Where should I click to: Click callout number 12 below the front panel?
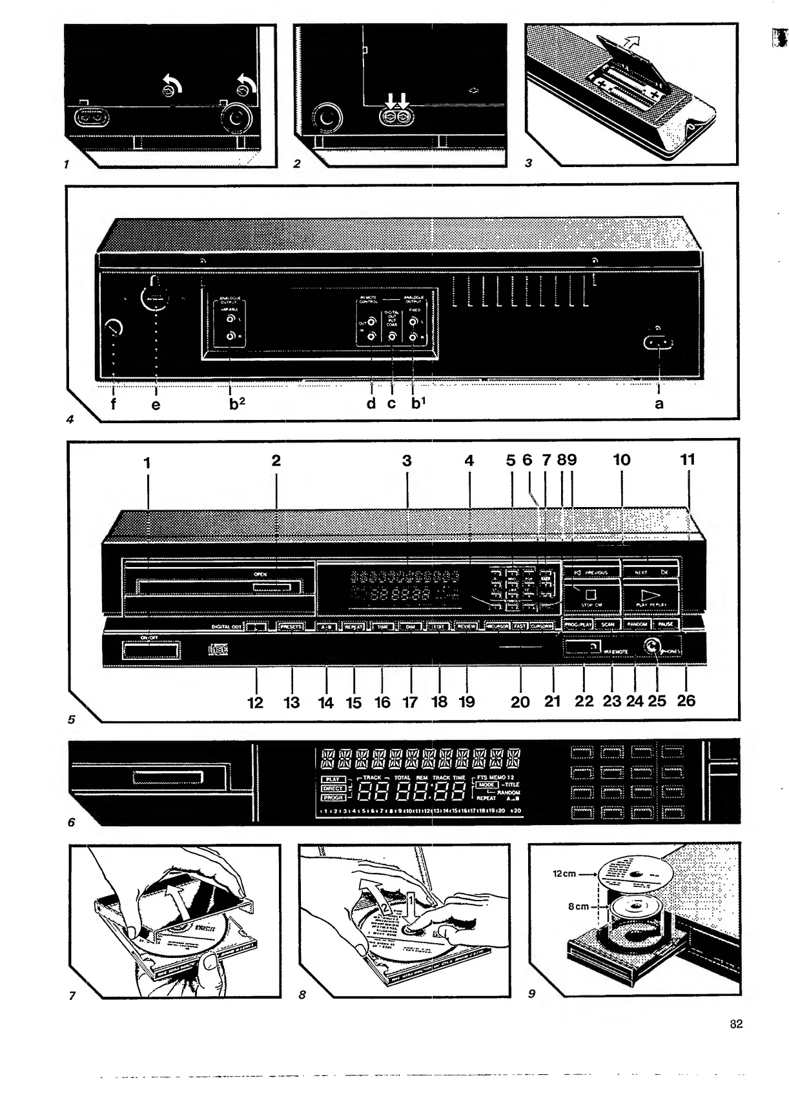tap(256, 703)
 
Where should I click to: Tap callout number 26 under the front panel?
tap(686, 701)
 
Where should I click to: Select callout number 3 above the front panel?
tap(407, 461)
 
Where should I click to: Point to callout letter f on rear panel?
tap(114, 404)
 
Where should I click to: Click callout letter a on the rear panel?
tap(659, 404)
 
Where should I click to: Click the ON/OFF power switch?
tap(150, 651)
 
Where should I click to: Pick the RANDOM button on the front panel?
tap(636, 624)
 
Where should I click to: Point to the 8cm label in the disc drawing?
tap(579, 906)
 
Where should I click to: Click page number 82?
tap(736, 1024)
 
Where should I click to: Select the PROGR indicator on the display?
tap(333, 797)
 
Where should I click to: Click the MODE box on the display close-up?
tap(487, 784)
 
